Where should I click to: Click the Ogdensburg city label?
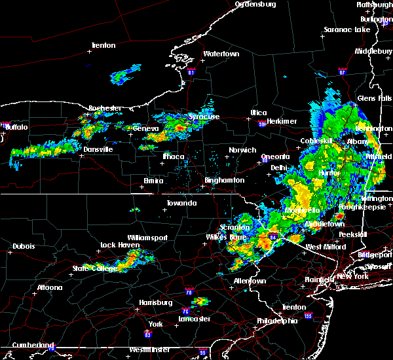(256, 5)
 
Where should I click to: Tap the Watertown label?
(221, 54)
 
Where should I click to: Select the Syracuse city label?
(204, 117)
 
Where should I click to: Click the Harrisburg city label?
(155, 303)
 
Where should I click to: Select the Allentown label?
(250, 281)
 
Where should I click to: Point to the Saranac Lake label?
(347, 30)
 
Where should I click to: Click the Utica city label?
(258, 113)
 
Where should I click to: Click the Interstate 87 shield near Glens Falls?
(342, 71)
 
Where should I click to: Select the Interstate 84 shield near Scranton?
(272, 236)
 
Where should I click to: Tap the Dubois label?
(24, 247)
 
